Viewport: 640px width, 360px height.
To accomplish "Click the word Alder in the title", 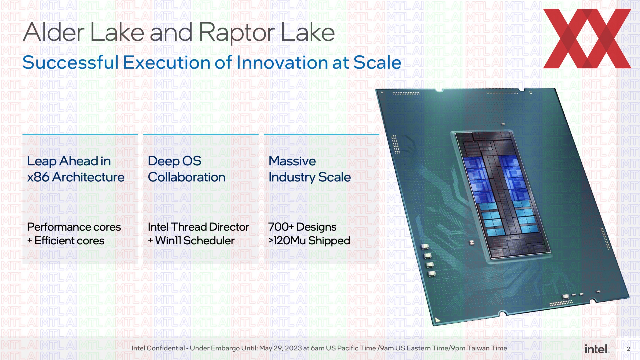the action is pos(54,32).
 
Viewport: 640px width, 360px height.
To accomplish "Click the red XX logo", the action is pos(587,38).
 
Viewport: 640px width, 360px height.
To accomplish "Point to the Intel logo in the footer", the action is pos(597,349).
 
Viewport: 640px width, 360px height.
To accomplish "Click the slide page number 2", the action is pos(628,349).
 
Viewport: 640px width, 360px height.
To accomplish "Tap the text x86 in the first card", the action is pos(38,177).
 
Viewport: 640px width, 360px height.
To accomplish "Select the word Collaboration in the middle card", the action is pos(187,177).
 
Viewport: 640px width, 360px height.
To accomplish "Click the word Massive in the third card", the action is pos(292,161).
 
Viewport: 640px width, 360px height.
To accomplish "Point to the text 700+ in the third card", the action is pos(281,227).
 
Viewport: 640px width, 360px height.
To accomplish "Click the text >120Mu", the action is pos(287,241).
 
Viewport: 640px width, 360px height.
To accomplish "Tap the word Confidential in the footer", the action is pos(166,348).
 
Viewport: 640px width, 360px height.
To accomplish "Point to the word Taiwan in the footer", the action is pos(476,348).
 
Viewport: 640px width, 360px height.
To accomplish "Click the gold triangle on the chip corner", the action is pos(437,320).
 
